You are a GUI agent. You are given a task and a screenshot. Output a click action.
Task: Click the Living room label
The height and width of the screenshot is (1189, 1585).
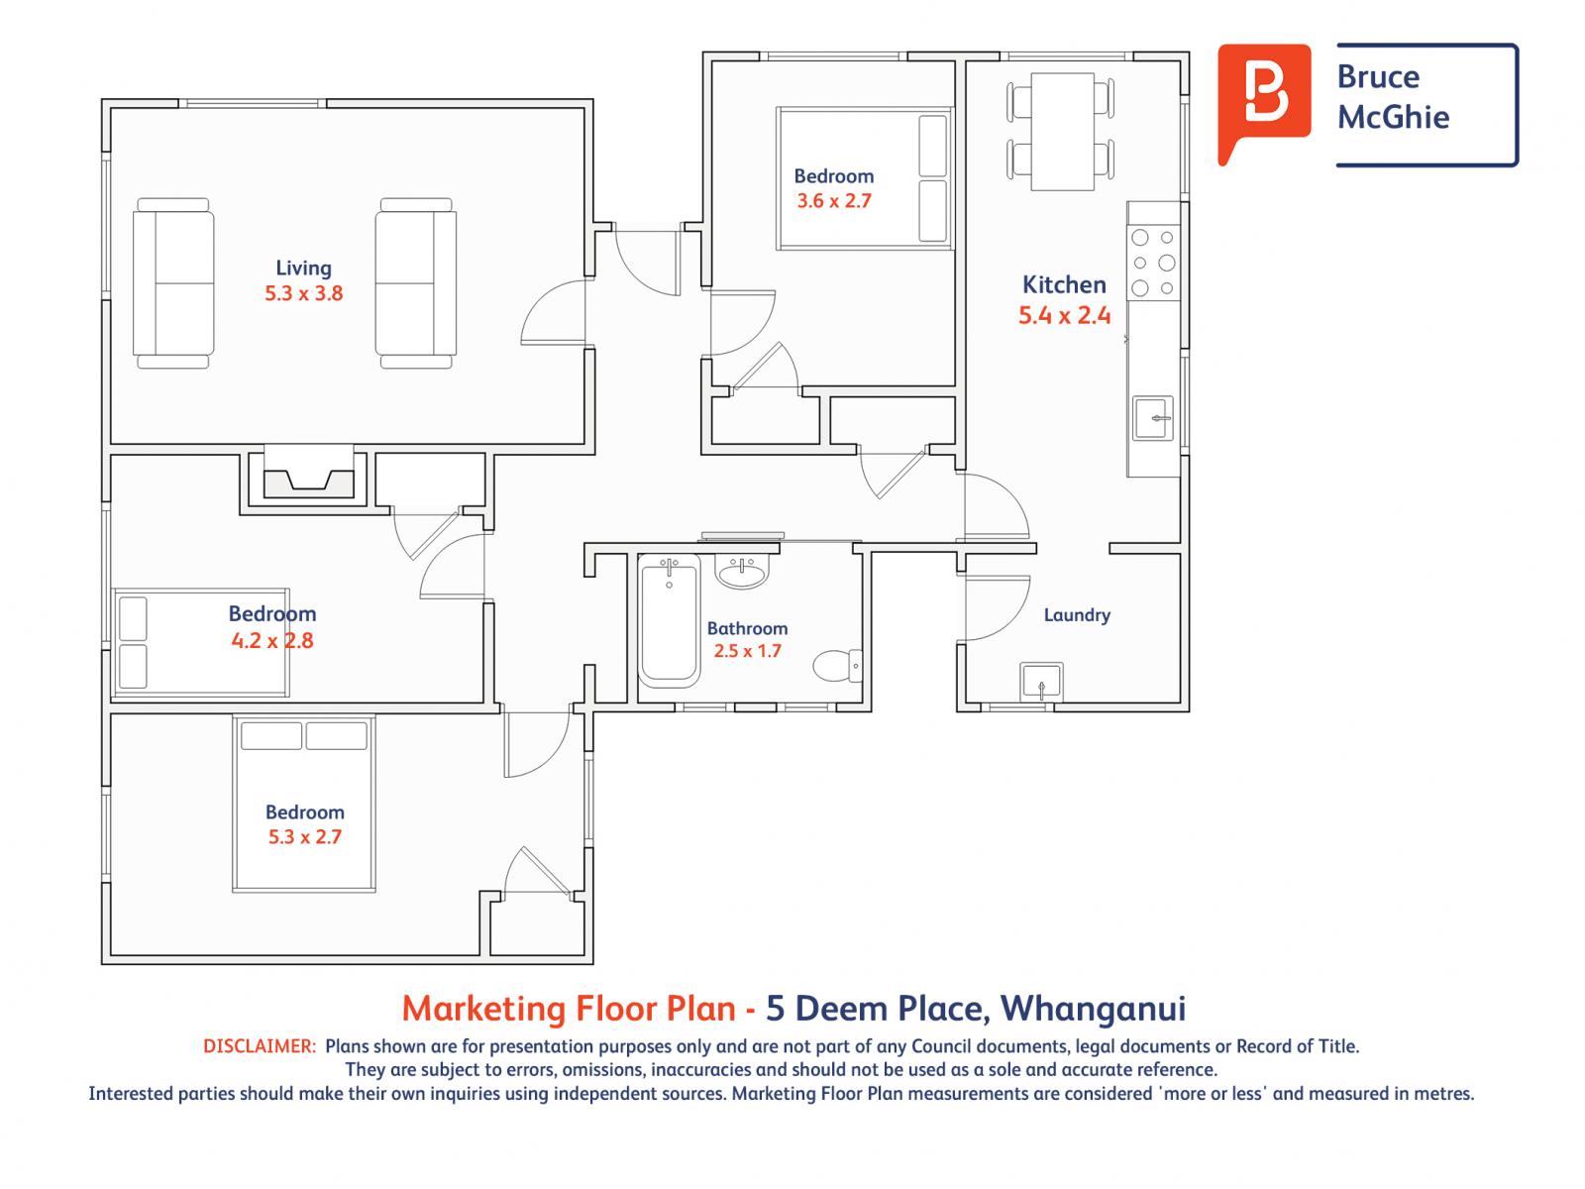pos(303,268)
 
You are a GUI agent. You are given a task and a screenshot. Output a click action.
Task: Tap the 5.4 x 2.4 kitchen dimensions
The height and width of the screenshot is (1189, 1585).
pos(1064,315)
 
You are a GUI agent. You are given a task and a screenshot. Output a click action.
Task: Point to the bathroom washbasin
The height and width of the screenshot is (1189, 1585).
pos(742,572)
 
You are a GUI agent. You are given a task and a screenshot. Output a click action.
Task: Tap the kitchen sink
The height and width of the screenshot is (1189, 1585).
pos(1152,418)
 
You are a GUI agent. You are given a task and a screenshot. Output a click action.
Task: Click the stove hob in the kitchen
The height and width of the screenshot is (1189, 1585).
pos(1153,263)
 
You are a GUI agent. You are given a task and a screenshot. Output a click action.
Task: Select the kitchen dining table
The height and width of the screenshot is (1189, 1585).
pos(1062,132)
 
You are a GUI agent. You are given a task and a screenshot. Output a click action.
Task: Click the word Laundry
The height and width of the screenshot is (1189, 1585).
pos(1077,615)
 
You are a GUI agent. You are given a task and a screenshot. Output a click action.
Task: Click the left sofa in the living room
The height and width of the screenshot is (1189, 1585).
pos(173,283)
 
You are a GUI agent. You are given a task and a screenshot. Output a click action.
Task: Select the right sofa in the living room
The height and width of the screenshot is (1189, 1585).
pos(416,283)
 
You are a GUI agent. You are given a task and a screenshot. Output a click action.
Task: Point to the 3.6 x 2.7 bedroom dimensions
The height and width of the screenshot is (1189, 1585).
pos(834,201)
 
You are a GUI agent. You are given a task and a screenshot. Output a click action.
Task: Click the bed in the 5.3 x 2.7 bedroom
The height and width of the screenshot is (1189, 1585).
pos(304,805)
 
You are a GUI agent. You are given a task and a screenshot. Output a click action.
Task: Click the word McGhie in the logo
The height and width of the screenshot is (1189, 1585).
pos(1393,117)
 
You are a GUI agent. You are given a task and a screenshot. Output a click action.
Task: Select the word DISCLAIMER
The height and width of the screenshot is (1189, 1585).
pos(260,1046)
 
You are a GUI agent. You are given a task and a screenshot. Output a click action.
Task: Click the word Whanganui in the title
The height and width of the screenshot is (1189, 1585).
pos(1093,1009)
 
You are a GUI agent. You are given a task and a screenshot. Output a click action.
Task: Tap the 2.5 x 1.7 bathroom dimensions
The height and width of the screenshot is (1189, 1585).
pos(747,651)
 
